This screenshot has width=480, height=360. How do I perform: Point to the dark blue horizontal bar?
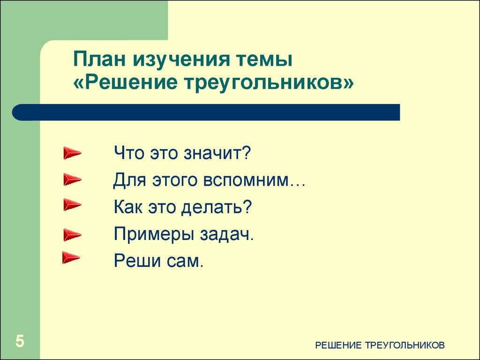[206, 112]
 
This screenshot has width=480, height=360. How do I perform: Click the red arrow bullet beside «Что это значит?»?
[72, 153]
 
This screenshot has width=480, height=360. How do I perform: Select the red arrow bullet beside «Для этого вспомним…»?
[72, 179]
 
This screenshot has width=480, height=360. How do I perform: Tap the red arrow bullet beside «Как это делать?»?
[72, 205]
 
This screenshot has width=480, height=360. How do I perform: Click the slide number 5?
[20, 341]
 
